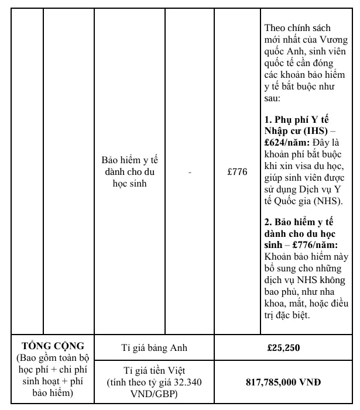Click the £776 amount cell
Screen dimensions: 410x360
coord(238,173)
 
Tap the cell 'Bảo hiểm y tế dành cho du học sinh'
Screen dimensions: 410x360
coord(131,173)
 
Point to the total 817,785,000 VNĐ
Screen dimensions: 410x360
coord(283,383)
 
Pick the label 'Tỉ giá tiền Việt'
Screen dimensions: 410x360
coord(155,371)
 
